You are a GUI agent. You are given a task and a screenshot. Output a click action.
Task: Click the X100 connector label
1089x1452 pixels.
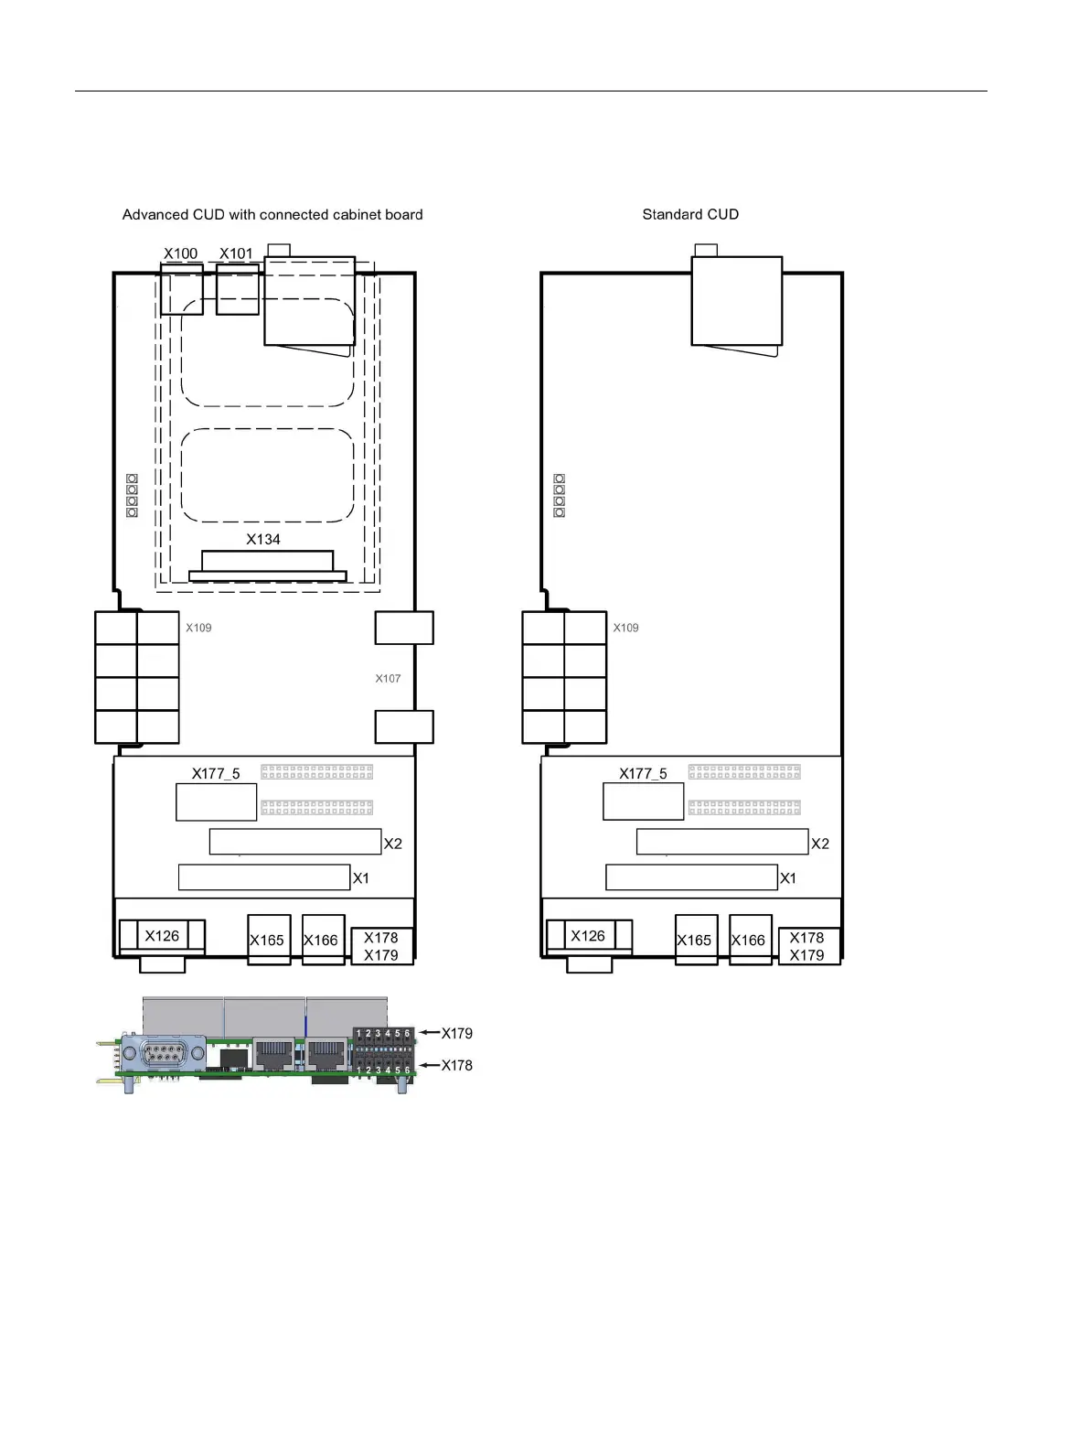click(x=180, y=253)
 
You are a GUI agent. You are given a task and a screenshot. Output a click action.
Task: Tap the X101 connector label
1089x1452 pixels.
click(x=236, y=253)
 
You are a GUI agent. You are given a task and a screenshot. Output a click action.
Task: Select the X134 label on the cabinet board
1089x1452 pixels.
click(x=263, y=539)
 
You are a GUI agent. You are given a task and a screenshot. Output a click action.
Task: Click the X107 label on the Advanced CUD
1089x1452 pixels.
click(x=388, y=678)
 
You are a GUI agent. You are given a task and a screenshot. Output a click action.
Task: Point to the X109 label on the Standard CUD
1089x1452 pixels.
click(x=625, y=627)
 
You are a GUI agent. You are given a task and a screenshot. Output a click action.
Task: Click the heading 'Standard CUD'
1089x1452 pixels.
click(x=690, y=214)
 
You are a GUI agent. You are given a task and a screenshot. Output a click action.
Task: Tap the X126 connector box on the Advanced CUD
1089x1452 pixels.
click(x=162, y=936)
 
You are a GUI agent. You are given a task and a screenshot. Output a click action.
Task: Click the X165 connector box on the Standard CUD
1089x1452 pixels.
click(x=696, y=940)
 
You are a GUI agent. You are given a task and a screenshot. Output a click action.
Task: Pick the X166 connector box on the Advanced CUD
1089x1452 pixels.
click(x=323, y=940)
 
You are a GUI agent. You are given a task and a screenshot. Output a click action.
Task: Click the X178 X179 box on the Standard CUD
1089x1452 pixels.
click(x=809, y=946)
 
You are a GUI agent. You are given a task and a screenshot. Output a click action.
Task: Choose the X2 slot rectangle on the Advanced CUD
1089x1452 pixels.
click(x=295, y=842)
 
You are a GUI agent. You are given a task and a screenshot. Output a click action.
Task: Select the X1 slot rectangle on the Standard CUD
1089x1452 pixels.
click(x=691, y=877)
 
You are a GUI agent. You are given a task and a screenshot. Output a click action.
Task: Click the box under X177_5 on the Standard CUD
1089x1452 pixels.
click(x=643, y=801)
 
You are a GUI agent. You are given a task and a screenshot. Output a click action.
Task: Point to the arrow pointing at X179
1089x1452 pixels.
click(x=430, y=1033)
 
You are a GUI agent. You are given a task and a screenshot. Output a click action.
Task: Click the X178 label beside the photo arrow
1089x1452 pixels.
click(x=456, y=1065)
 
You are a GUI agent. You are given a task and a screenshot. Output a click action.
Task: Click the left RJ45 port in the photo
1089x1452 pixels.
click(x=273, y=1053)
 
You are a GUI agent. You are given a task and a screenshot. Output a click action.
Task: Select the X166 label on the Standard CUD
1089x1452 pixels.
click(x=748, y=940)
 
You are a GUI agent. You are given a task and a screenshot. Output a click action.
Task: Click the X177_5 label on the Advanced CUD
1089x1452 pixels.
click(x=216, y=773)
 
